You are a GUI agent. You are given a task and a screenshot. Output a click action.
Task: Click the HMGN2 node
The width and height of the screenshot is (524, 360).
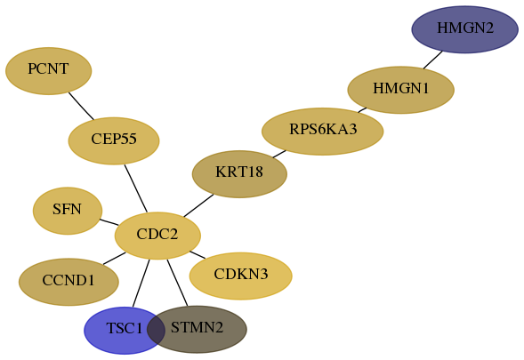[465, 29]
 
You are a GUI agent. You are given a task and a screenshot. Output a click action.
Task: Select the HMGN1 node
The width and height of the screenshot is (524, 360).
[400, 90]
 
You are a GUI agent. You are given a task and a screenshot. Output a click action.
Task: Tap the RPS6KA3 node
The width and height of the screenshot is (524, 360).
[322, 132]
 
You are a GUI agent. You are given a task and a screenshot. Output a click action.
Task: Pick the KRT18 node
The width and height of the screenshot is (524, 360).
[239, 174]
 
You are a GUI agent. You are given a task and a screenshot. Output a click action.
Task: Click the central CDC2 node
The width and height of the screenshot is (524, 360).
[157, 236]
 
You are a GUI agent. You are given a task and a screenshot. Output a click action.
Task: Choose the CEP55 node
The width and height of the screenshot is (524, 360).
[114, 140]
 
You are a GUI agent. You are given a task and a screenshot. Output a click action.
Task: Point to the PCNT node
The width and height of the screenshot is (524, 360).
[48, 71]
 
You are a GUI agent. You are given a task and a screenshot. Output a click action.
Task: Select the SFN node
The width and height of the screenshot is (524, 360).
[68, 211]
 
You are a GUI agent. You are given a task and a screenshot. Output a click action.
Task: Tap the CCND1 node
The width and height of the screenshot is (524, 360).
[69, 282]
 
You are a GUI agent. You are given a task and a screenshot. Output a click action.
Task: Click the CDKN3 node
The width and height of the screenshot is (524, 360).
[240, 276]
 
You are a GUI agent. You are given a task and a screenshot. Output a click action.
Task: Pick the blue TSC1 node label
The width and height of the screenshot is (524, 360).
[125, 328]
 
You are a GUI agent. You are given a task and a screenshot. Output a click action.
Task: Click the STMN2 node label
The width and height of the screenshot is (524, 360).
[197, 327]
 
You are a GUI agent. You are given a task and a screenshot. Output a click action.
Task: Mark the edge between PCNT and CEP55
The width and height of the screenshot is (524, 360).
[81, 106]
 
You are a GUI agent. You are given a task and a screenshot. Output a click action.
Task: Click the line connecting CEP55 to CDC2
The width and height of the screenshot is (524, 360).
[136, 188]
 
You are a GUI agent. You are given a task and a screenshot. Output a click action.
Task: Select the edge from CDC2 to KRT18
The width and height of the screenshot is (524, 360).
[198, 205]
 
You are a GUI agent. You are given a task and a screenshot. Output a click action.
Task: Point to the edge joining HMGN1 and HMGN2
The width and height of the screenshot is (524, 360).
[433, 60]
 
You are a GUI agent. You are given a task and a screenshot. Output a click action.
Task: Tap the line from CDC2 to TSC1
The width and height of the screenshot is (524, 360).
[141, 283]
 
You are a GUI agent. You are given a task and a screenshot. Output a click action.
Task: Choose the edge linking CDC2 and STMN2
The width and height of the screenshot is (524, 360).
[177, 283]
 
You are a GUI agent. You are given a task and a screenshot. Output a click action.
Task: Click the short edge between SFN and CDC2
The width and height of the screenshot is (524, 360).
[109, 222]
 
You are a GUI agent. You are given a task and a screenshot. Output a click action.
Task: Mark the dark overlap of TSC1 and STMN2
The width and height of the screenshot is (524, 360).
[156, 330]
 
